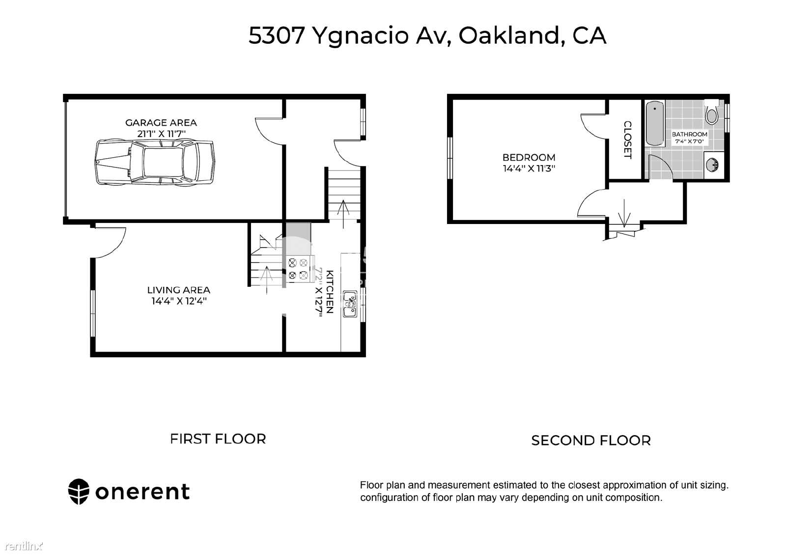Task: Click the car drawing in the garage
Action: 155,162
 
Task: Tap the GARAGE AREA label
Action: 161,123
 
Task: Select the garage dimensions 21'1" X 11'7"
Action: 161,134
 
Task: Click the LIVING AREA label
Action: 179,290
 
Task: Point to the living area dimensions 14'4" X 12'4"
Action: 179,301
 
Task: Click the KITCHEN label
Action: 330,292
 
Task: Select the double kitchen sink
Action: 350,304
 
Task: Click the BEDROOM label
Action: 529,158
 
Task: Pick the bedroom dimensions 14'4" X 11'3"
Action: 529,168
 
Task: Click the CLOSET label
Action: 628,139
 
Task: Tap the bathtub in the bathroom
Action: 655,123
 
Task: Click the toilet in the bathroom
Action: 712,111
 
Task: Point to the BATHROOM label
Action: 690,135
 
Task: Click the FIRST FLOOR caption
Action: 218,439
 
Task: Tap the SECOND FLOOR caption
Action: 591,440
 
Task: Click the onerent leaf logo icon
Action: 79,492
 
